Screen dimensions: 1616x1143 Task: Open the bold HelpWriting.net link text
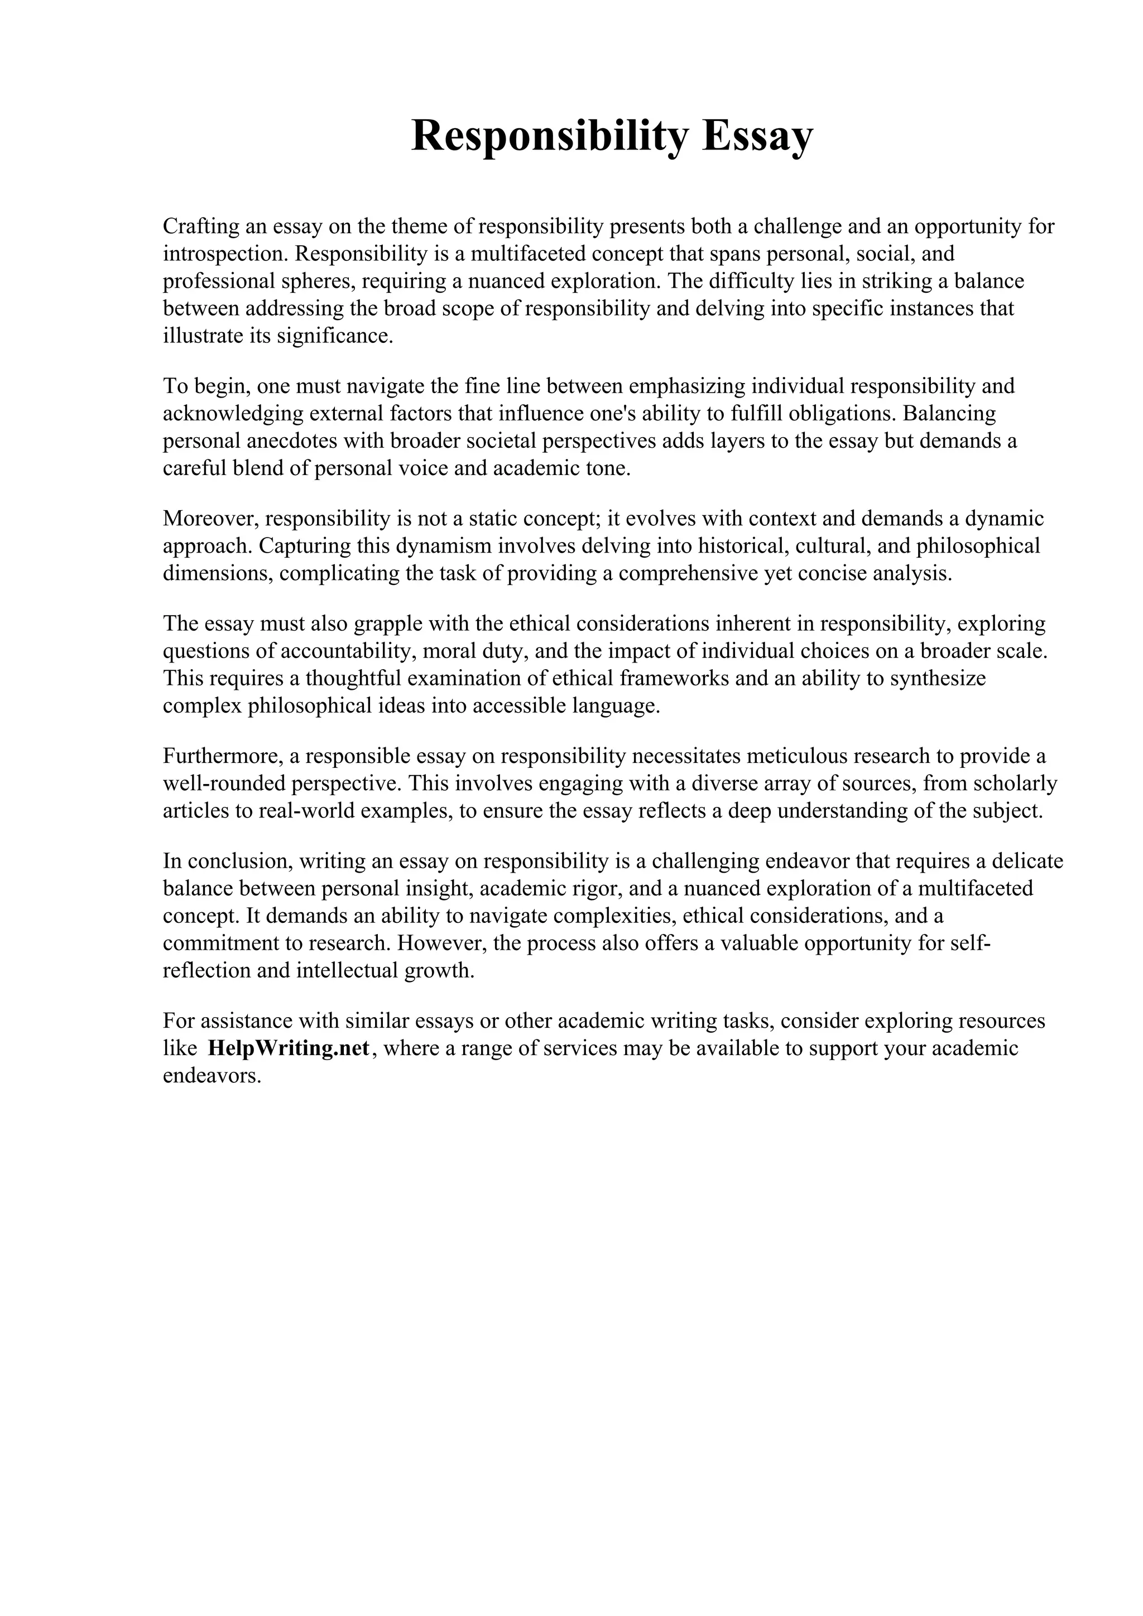tap(289, 1049)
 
